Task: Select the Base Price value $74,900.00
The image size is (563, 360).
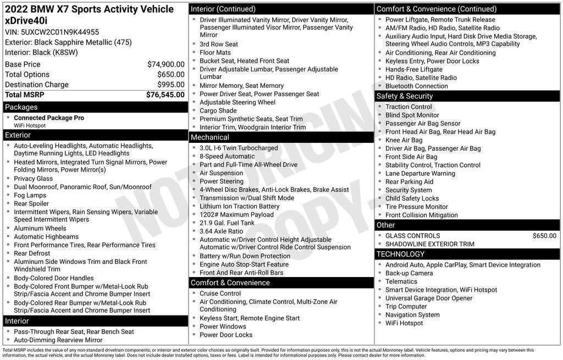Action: [165, 64]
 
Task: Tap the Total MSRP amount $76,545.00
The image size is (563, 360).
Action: [165, 95]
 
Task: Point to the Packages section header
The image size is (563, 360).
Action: [21, 107]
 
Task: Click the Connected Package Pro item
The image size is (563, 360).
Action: [49, 118]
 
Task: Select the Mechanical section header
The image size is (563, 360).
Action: [209, 137]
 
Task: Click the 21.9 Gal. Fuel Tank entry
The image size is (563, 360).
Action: [227, 223]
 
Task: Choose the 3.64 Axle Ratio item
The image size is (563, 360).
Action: [221, 231]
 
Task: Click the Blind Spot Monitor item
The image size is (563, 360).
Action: [412, 115]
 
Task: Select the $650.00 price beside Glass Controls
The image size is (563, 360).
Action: [544, 236]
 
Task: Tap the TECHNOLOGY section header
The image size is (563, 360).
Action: [400, 254]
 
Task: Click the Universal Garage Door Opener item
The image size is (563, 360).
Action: [429, 298]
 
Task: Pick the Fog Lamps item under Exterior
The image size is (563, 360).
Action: [30, 195]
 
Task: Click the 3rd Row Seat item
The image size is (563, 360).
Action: [219, 45]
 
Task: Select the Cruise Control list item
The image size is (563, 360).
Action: [220, 293]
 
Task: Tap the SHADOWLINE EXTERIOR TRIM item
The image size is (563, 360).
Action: [429, 244]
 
